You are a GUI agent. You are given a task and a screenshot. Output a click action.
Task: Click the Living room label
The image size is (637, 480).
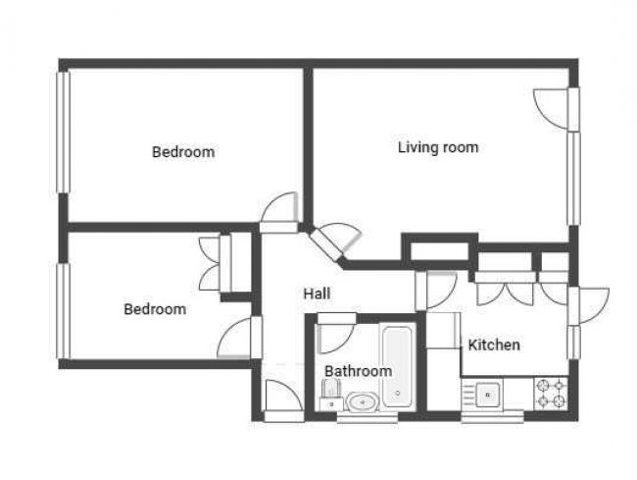click(x=437, y=148)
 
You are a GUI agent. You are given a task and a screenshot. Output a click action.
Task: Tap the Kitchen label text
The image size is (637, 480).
click(x=493, y=346)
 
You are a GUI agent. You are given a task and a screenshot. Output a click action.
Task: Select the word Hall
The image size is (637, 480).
click(x=317, y=293)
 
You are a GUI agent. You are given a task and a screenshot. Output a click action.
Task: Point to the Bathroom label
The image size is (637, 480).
click(x=358, y=371)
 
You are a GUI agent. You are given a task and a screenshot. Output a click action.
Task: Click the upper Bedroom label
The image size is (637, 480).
click(x=182, y=152)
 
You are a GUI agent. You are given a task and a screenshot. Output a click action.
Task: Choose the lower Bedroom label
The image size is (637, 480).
click(x=154, y=309)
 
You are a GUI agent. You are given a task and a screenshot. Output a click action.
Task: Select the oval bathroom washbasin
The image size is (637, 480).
click(x=363, y=400)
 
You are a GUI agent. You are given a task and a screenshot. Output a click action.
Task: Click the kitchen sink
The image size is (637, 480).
click(x=487, y=395)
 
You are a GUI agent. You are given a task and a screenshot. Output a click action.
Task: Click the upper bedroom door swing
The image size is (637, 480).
click(x=280, y=208)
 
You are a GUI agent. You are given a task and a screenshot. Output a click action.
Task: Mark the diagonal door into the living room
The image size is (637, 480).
click(x=333, y=240)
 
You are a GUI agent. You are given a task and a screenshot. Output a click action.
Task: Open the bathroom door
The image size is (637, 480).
click(x=332, y=331)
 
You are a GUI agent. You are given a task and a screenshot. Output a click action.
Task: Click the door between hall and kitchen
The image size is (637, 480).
click(x=437, y=288)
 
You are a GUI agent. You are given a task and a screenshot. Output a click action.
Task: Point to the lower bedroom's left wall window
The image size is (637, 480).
click(x=62, y=310)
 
